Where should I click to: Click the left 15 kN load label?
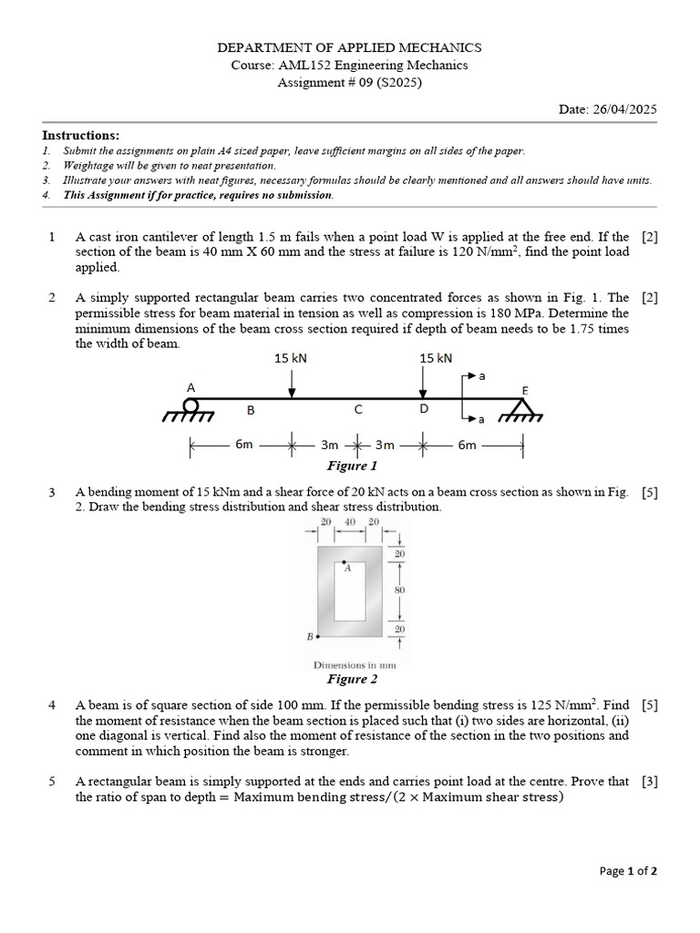291,358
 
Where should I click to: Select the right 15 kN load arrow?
434,382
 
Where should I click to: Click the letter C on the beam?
358,410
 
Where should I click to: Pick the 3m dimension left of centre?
330,446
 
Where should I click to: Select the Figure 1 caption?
351,466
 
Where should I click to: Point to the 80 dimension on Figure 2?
399,591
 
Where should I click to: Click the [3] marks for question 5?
649,782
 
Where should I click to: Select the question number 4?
52,705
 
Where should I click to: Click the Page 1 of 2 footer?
628,871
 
